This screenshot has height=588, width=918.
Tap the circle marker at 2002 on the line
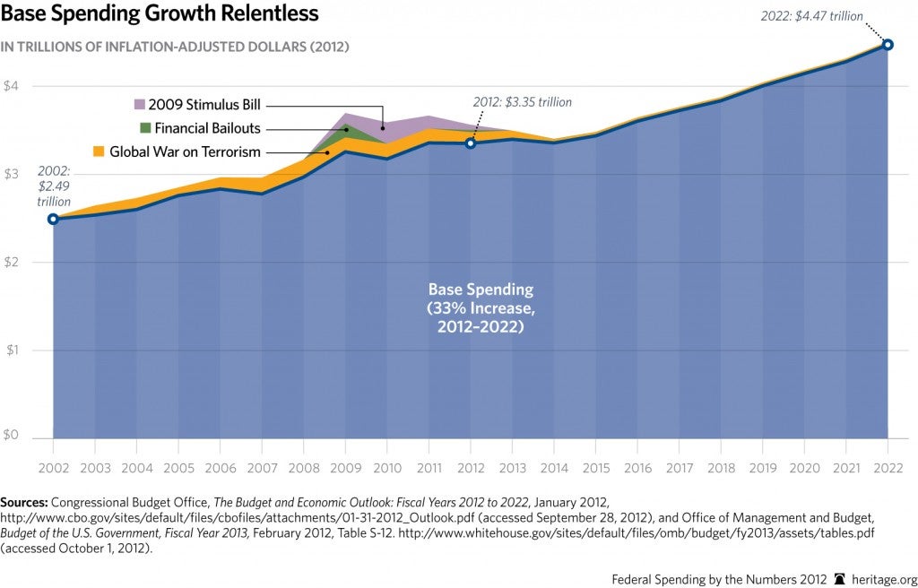pos(53,219)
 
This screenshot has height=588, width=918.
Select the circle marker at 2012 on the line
pos(471,143)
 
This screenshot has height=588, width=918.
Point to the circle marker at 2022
pos(888,44)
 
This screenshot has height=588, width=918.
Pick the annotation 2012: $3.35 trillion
pos(523,102)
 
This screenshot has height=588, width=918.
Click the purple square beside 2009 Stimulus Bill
pos(139,104)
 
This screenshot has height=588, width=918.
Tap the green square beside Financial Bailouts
pos(146,127)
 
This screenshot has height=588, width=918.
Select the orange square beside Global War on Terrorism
pos(100,151)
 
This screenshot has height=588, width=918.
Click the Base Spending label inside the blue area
pos(481,290)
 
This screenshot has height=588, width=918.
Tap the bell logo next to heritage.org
pos(841,579)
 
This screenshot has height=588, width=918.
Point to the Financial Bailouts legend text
pos(207,127)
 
